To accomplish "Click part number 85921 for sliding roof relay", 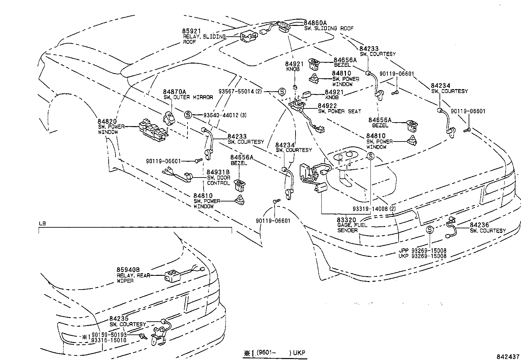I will tap(191, 31).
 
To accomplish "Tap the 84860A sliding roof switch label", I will tap(315, 23).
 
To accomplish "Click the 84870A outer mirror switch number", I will tap(174, 92).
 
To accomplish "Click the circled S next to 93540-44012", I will tap(188, 115).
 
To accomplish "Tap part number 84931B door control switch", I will tap(218, 172).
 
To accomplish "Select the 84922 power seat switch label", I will tap(327, 106).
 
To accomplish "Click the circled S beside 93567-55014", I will tap(282, 92).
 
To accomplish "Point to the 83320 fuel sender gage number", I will tap(347, 220).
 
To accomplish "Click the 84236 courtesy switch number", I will tap(479, 225).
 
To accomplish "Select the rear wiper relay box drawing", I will tap(173, 276).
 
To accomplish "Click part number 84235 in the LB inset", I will tap(119, 319).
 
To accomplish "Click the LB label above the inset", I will tap(42, 224).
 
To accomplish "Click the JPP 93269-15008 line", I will tap(422, 251).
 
